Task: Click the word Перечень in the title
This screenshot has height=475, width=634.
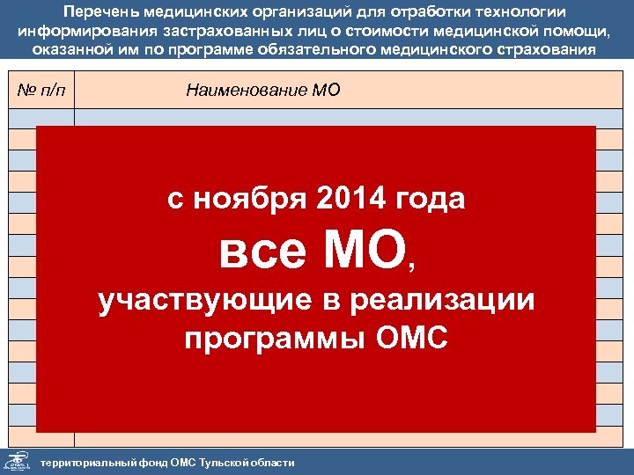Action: coord(104,11)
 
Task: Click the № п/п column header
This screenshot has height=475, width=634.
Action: coord(41,91)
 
